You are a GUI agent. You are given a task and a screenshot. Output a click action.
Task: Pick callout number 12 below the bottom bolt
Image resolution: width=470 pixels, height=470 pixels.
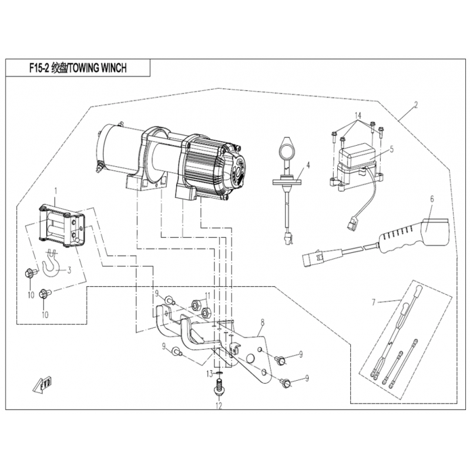[219, 406]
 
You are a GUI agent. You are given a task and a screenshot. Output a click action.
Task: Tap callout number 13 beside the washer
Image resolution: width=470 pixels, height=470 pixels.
[209, 374]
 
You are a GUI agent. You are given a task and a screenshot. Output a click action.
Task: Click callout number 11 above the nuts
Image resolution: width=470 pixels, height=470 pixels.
[207, 295]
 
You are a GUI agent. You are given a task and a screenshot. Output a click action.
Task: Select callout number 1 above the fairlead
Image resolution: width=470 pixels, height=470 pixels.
[56, 191]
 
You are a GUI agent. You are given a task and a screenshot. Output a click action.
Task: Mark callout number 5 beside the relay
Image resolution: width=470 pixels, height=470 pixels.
[391, 149]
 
